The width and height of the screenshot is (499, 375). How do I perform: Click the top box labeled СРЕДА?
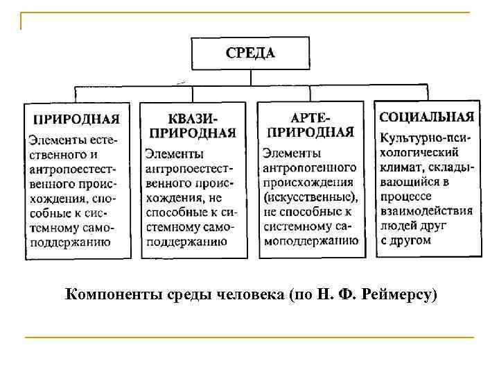tap(249, 53)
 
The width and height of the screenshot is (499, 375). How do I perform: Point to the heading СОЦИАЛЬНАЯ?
tap(427, 117)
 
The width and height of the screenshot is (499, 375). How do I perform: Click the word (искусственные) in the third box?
tap(309, 197)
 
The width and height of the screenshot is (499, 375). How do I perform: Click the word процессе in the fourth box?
tap(405, 197)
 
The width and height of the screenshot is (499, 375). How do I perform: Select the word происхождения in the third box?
tap(308, 182)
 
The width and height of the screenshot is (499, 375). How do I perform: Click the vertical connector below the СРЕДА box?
tap(249, 78)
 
